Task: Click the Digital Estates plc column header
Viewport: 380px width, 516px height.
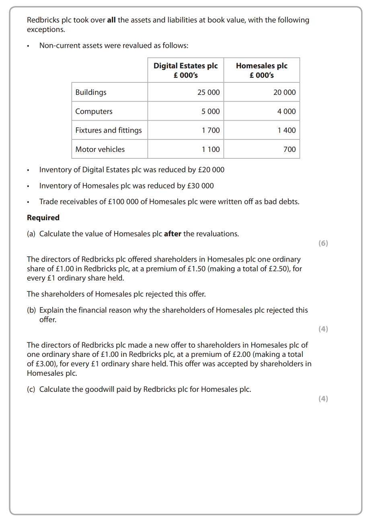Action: pyautogui.click(x=185, y=70)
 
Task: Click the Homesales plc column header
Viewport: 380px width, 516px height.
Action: pyautogui.click(x=261, y=70)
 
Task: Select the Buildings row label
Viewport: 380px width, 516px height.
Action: pyautogui.click(x=91, y=92)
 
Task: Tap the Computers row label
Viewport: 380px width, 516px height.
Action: pyautogui.click(x=94, y=111)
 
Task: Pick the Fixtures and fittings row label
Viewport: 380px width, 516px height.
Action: pyautogui.click(x=109, y=130)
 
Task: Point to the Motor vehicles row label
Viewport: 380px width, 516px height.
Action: pyautogui.click(x=100, y=149)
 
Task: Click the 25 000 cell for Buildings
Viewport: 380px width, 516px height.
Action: pyautogui.click(x=208, y=92)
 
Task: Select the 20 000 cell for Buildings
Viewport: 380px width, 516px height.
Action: pyautogui.click(x=284, y=92)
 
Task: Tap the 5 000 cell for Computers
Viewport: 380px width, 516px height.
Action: pyautogui.click(x=211, y=111)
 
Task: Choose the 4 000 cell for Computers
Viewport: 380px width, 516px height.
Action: pyautogui.click(x=286, y=111)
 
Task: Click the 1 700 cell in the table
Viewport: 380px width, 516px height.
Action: pyautogui.click(x=211, y=130)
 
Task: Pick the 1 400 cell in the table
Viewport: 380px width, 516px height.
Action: pyautogui.click(x=286, y=130)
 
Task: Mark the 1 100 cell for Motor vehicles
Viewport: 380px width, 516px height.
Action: pyautogui.click(x=211, y=149)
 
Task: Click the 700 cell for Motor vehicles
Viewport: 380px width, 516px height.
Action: pyautogui.click(x=290, y=149)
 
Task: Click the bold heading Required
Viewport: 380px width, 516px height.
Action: pyautogui.click(x=43, y=217)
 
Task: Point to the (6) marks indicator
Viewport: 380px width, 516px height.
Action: pyautogui.click(x=323, y=243)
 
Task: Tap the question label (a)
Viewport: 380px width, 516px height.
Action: pyautogui.click(x=31, y=233)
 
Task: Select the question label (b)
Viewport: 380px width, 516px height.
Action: pyautogui.click(x=31, y=310)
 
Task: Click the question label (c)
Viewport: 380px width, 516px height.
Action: pyautogui.click(x=31, y=389)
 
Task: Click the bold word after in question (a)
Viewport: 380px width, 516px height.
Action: pyautogui.click(x=173, y=233)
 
